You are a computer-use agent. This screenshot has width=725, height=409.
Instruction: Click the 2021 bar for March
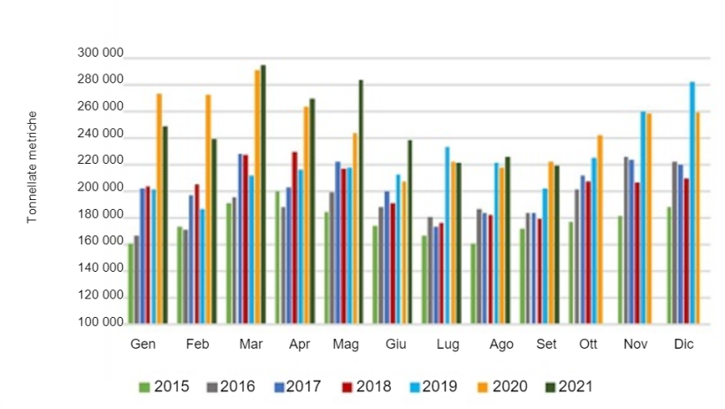click(263, 195)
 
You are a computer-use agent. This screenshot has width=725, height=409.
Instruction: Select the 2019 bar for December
click(692, 204)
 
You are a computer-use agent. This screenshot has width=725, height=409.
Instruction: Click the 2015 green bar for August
click(474, 284)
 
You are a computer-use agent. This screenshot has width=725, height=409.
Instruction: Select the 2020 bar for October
click(599, 230)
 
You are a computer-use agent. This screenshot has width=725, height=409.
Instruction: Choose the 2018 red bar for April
click(294, 238)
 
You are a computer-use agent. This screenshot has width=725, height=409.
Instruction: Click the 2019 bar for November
click(643, 218)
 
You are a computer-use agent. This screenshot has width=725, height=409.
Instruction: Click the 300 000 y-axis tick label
click(101, 55)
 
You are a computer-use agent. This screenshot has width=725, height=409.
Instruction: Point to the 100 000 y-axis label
click(101, 322)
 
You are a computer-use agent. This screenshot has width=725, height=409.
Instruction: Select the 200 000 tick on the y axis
click(101, 189)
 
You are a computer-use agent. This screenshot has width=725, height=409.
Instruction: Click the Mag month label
click(344, 343)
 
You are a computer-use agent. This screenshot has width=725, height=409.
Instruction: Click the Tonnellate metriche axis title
click(32, 167)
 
